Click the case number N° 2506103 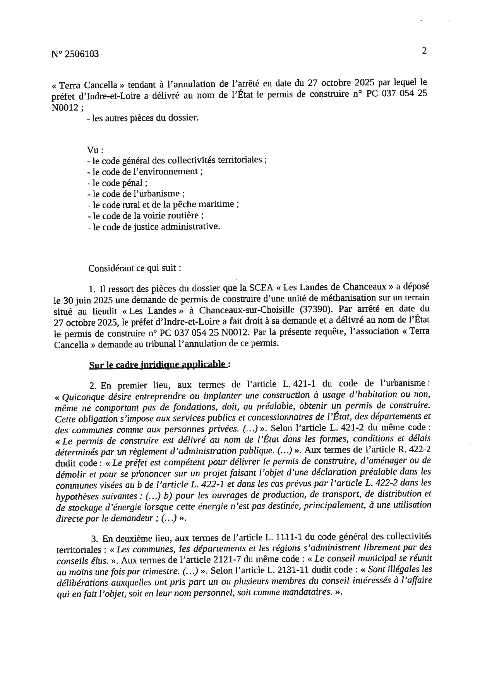pos(75,54)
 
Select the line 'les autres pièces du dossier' pos(143,118)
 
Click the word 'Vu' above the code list pos(94,150)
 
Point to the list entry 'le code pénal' pos(117,183)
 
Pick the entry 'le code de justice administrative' pos(154,227)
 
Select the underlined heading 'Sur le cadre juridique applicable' pos(158,364)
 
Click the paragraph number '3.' pos(94,538)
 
